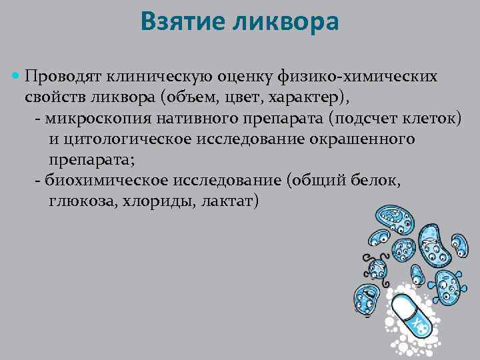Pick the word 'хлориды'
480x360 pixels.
155,201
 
